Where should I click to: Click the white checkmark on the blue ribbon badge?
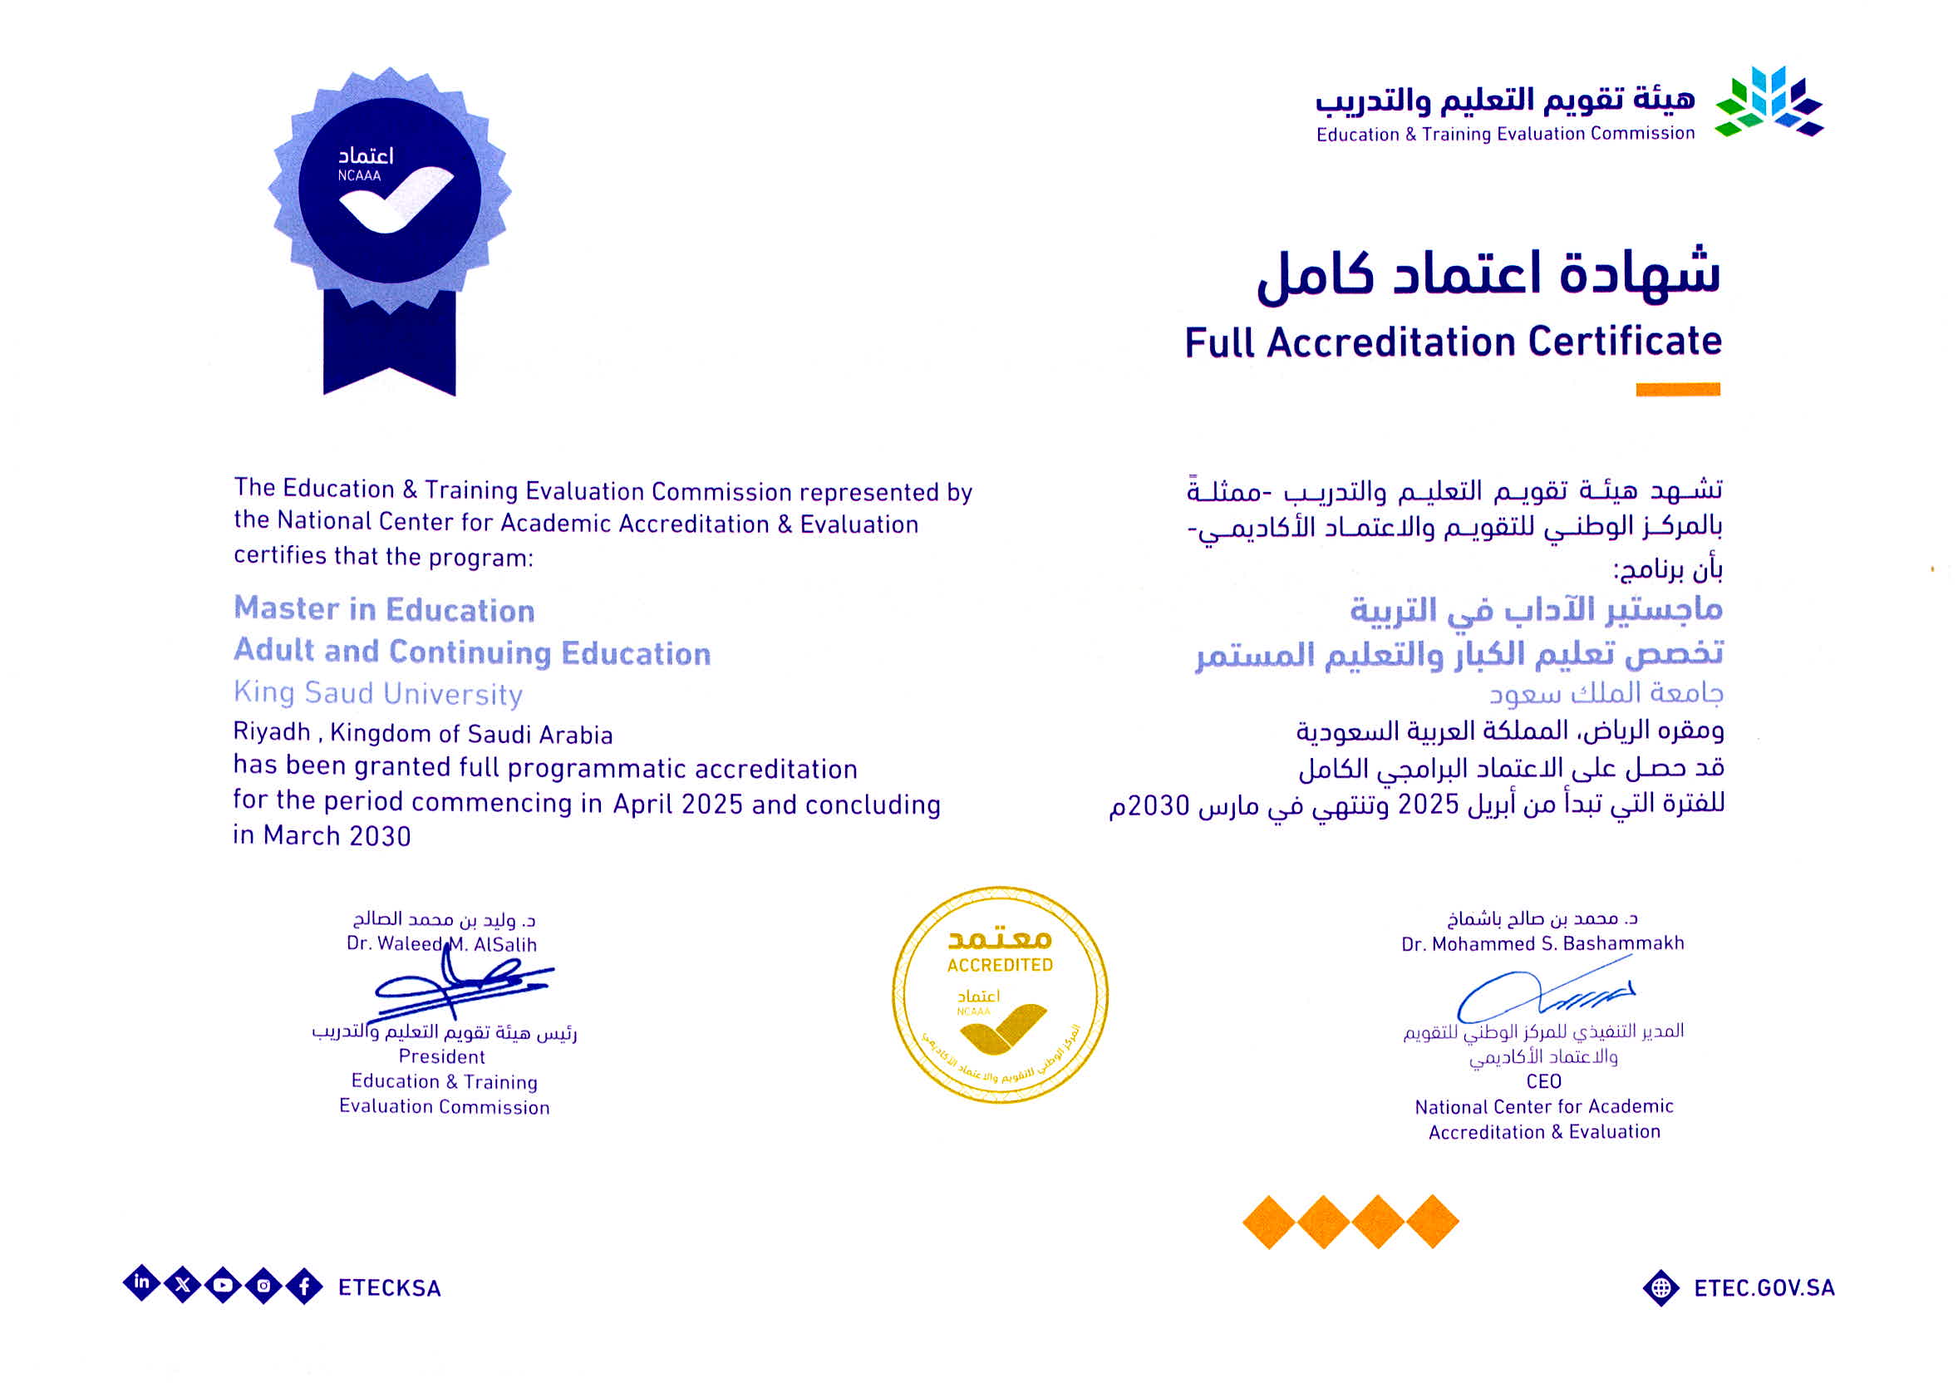click(395, 199)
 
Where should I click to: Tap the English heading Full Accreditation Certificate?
click(1453, 342)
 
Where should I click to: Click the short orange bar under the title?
click(1676, 390)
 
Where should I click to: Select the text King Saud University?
click(378, 693)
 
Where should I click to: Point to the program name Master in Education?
click(384, 610)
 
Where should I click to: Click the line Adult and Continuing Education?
click(471, 652)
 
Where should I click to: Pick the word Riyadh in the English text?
click(271, 732)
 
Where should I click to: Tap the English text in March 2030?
click(322, 835)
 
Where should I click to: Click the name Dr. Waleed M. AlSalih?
click(441, 944)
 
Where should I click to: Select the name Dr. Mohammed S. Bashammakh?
click(1542, 943)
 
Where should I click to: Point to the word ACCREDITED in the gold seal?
click(1000, 965)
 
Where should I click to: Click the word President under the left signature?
click(441, 1056)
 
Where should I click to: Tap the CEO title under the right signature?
click(1543, 1081)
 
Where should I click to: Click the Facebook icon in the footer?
click(304, 1287)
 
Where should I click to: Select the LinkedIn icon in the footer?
click(141, 1282)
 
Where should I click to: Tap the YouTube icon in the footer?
click(224, 1285)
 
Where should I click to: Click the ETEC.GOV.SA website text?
click(1764, 1287)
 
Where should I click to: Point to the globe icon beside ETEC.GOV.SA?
click(1660, 1288)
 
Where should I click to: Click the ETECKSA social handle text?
click(389, 1287)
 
